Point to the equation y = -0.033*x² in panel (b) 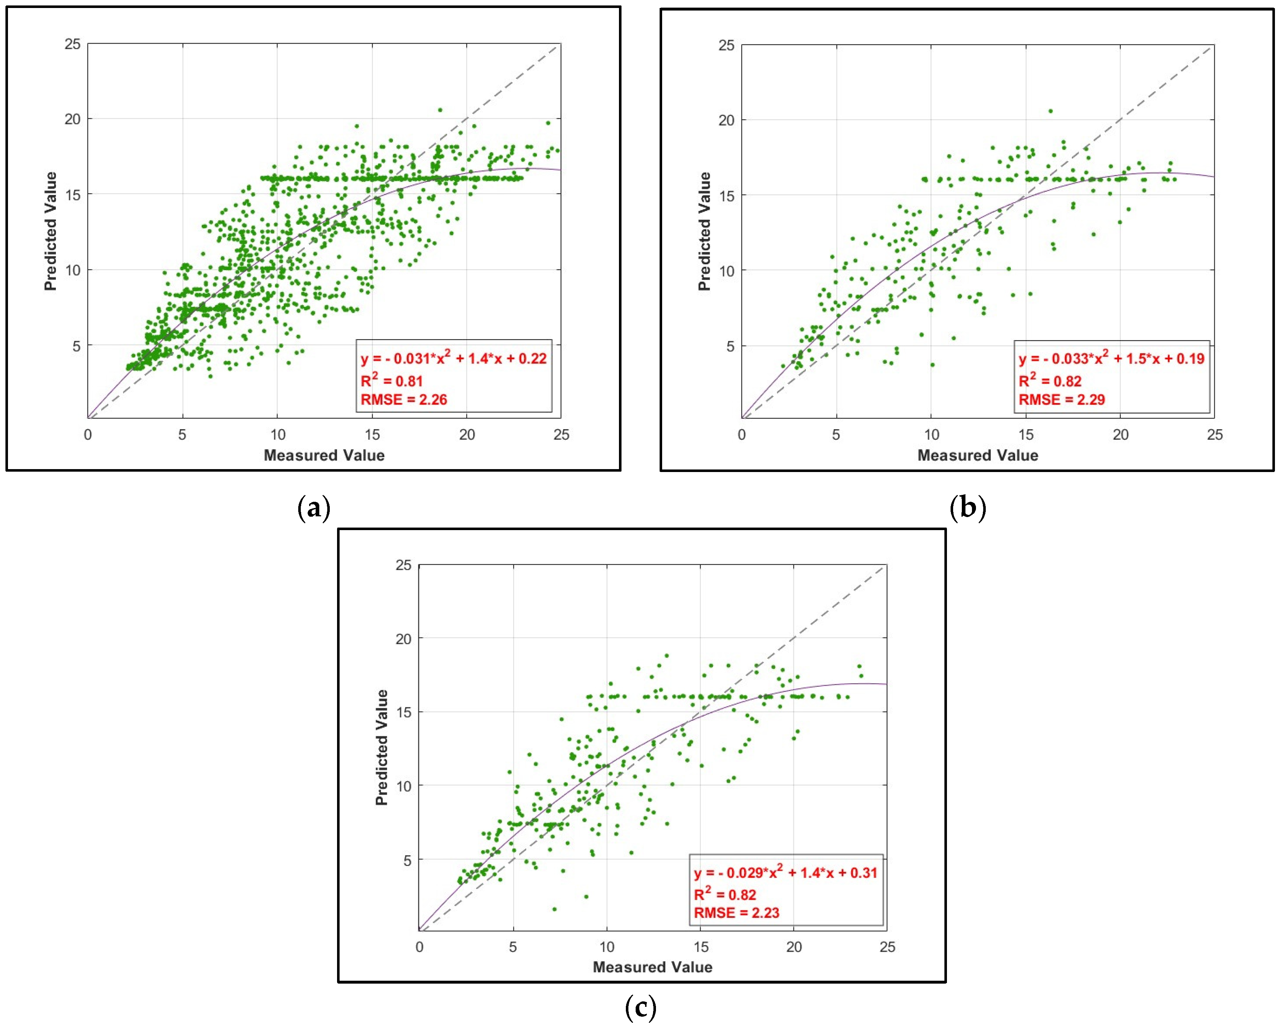click(1111, 358)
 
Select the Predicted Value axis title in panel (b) click(705, 231)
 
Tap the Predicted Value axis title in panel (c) click(382, 747)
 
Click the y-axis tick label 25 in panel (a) click(72, 44)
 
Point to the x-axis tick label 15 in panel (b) click(1026, 435)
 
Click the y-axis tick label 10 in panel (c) click(404, 786)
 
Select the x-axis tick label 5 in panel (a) click(182, 435)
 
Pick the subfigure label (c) click(641, 1007)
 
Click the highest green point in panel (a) click(440, 110)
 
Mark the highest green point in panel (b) click(1051, 111)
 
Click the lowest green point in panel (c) click(554, 909)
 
